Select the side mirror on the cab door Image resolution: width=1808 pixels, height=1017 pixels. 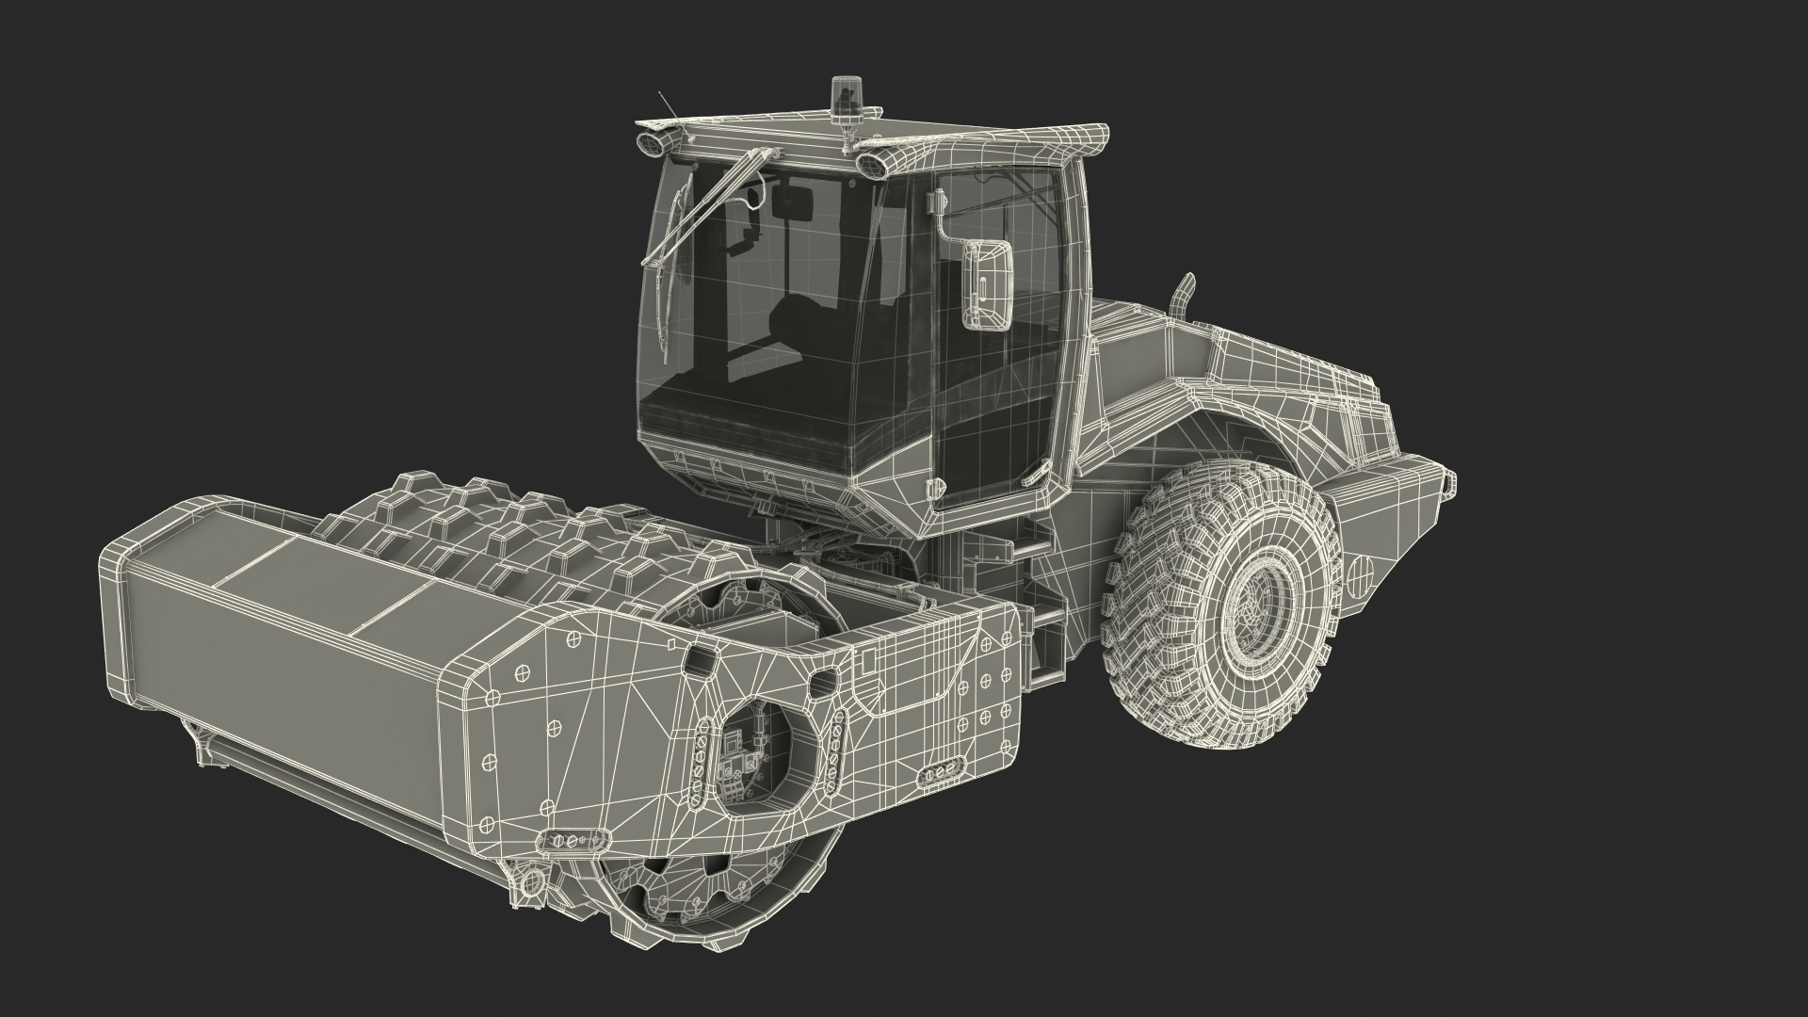tap(986, 285)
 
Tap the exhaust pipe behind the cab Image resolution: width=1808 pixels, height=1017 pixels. tap(1181, 294)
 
